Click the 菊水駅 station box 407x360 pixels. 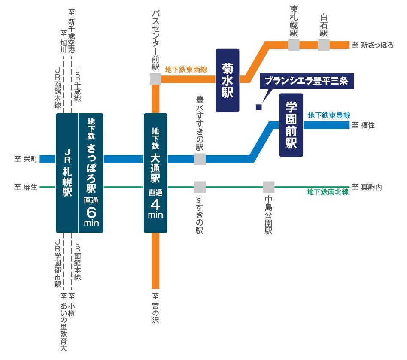(227, 80)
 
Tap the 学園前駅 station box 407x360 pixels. (291, 125)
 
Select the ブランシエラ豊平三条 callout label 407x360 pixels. (308, 80)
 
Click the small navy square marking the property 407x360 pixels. (258, 107)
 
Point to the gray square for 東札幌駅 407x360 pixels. (294, 45)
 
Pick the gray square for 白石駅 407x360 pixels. (324, 45)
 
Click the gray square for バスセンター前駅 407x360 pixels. (155, 79)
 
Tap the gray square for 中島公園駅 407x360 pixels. (269, 187)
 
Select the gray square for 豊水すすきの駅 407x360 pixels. (200, 159)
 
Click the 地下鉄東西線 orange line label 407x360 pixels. (186, 69)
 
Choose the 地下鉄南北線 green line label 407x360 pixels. (328, 192)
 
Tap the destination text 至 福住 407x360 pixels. (363, 125)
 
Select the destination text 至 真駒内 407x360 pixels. (367, 187)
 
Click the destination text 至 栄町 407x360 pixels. (26, 159)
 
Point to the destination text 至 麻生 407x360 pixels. (26, 187)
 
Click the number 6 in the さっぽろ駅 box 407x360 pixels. (91, 212)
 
